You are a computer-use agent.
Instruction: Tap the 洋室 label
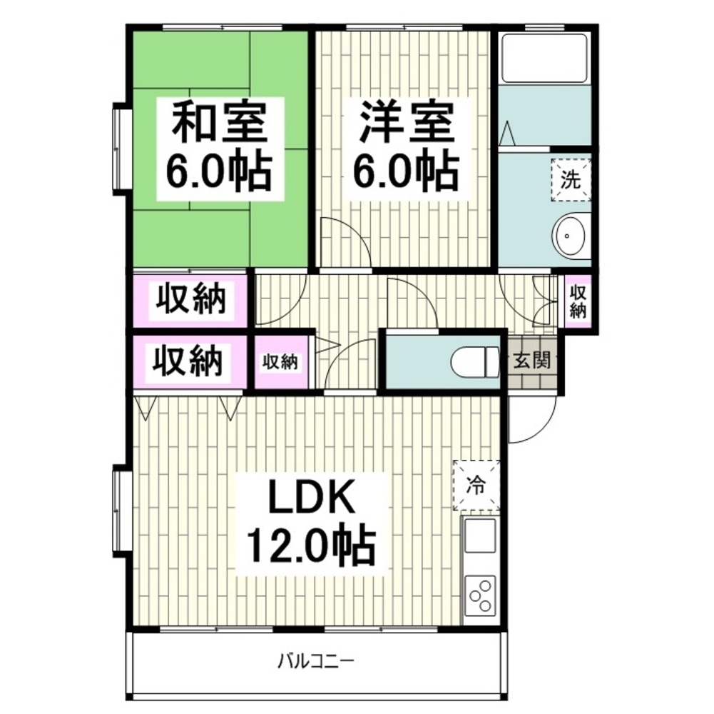tap(407, 121)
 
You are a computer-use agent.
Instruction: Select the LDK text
tap(312, 496)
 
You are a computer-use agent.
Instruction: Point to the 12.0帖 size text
tap(311, 545)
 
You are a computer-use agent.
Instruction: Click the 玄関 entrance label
tap(532, 361)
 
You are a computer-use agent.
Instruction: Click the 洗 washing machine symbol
tap(571, 180)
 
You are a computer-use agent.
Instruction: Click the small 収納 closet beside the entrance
tap(578, 301)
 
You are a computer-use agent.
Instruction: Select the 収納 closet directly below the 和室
tap(190, 299)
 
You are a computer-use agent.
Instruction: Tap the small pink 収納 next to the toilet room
tap(282, 362)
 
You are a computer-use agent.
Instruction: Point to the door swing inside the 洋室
tap(356, 233)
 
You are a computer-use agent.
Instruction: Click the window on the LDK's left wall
tap(119, 511)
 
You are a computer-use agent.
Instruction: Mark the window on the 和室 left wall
tap(119, 149)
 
